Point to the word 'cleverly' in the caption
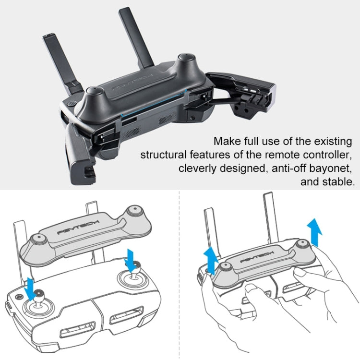[x=196, y=168]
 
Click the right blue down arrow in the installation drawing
[x=129, y=259]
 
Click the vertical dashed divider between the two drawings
[x=180, y=274]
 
